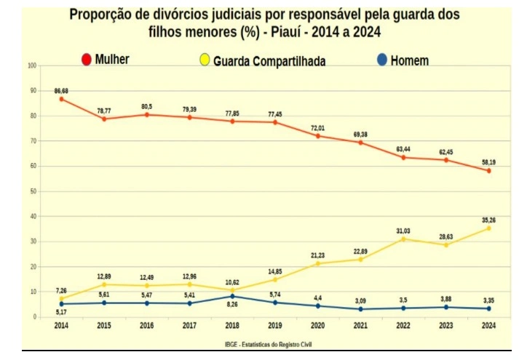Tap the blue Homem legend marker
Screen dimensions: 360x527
(381, 61)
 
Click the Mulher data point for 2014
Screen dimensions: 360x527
(61, 99)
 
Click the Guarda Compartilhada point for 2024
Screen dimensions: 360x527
(488, 228)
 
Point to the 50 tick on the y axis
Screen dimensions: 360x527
(32, 191)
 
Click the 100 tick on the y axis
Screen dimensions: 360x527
(31, 65)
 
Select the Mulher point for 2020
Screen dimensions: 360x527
(317, 136)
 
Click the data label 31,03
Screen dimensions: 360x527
(403, 231)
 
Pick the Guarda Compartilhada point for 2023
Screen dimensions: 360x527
(446, 245)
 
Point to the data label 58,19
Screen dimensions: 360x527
(488, 161)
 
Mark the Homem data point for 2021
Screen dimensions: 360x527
(360, 309)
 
